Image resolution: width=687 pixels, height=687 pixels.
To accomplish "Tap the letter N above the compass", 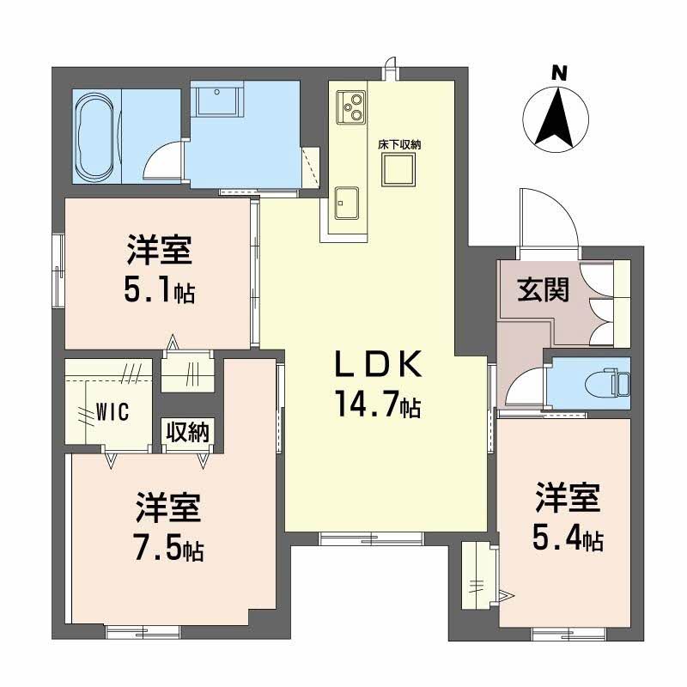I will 559,74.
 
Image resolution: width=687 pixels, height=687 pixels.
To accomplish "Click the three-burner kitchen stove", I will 351,105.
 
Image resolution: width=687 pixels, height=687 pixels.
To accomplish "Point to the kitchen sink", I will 348,203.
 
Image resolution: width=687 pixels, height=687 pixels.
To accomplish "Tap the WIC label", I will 112,412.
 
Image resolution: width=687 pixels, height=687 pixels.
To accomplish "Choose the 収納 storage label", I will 187,433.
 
